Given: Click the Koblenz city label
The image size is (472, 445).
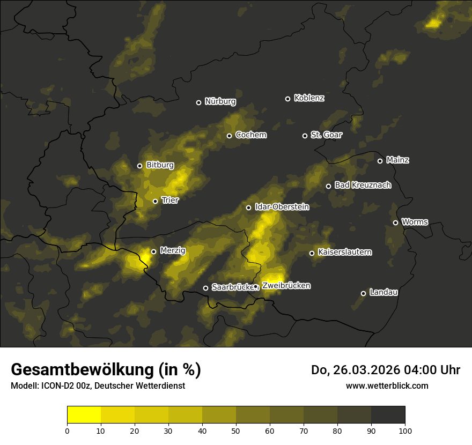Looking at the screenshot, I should tap(309, 98).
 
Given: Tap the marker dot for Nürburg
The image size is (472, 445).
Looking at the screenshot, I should tap(198, 102).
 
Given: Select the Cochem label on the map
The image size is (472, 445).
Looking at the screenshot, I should tap(250, 135).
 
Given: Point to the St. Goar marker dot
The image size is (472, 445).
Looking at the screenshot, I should tap(305, 136).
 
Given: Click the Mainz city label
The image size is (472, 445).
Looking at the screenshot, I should tap(397, 160).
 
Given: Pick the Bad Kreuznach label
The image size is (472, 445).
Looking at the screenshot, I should tap(363, 186).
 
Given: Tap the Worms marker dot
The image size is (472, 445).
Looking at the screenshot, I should tap(395, 222).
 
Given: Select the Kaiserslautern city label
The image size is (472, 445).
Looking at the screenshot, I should tap(344, 253).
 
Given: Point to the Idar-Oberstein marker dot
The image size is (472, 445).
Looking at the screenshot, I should tap(248, 207).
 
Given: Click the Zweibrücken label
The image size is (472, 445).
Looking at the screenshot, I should tap(286, 286).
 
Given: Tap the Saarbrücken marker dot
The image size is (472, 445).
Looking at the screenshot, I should tap(205, 288).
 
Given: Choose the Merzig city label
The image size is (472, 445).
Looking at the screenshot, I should tap(173, 251).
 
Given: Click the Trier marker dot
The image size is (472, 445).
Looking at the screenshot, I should tap(155, 201).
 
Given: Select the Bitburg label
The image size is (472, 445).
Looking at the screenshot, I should tap(160, 166).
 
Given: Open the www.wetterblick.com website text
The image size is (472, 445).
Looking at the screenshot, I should tap(387, 385).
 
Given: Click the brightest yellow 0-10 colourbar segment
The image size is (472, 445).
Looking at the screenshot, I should tap(84, 414).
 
